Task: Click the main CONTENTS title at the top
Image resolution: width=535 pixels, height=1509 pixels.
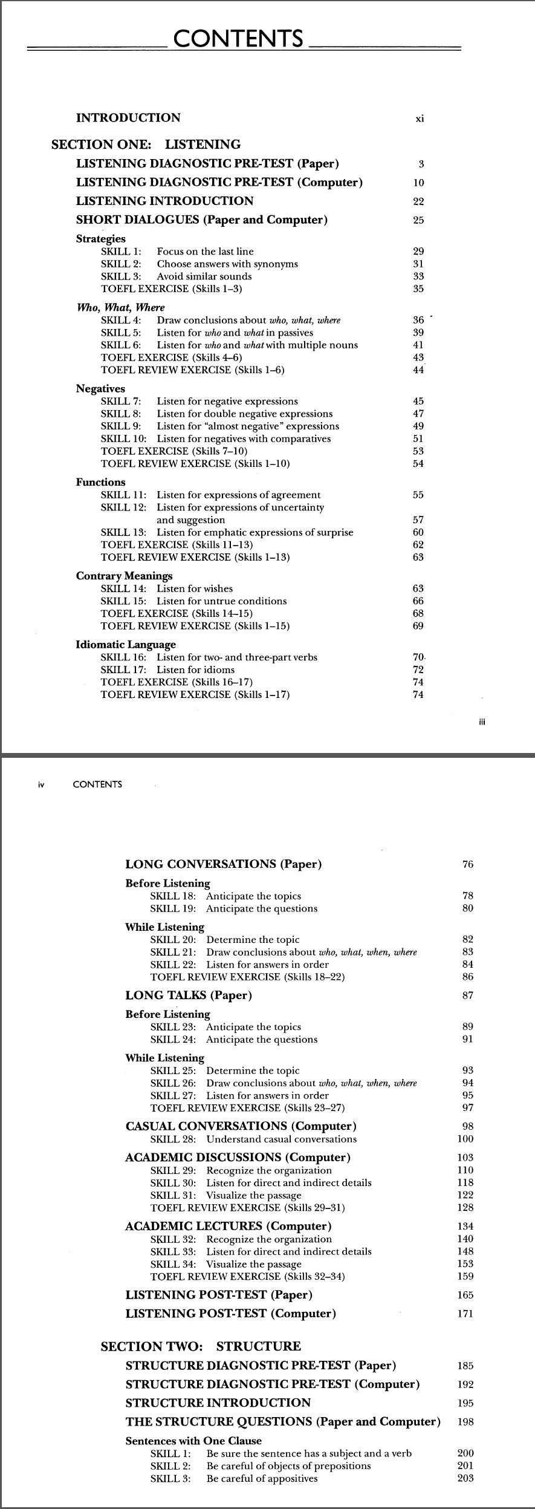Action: pos(238,39)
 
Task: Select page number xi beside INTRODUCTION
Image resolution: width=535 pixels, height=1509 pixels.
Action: pos(420,119)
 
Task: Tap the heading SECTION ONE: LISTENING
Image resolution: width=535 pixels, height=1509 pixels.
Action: pos(146,145)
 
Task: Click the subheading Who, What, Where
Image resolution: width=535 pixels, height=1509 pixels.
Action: pos(120,307)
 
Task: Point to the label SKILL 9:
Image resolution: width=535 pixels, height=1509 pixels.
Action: pos(121,426)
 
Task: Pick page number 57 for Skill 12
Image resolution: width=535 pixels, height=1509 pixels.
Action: pos(418,520)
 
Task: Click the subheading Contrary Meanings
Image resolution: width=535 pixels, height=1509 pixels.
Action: pos(124,576)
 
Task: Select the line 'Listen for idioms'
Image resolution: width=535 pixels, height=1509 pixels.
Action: pos(195,670)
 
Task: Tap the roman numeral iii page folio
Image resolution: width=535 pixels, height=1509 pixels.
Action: pos(482,722)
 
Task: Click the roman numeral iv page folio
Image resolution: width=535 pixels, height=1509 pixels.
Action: pos(41,784)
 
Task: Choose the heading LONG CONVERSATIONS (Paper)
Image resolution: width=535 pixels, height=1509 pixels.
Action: pos(223,864)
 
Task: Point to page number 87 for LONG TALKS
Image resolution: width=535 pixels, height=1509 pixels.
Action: pos(467,996)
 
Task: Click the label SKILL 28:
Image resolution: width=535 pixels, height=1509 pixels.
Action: pos(173,1139)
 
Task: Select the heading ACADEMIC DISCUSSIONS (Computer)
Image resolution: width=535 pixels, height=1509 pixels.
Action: pos(238,1158)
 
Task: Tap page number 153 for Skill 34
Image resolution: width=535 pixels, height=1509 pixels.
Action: pos(465,1264)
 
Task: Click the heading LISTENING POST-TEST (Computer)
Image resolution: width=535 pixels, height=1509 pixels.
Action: pos(230,1314)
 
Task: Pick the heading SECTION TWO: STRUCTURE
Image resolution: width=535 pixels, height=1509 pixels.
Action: pos(200,1346)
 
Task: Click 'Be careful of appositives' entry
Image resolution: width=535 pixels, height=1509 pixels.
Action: pos(262,1479)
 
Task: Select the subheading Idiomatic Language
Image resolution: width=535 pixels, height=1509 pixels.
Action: pos(126,645)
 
